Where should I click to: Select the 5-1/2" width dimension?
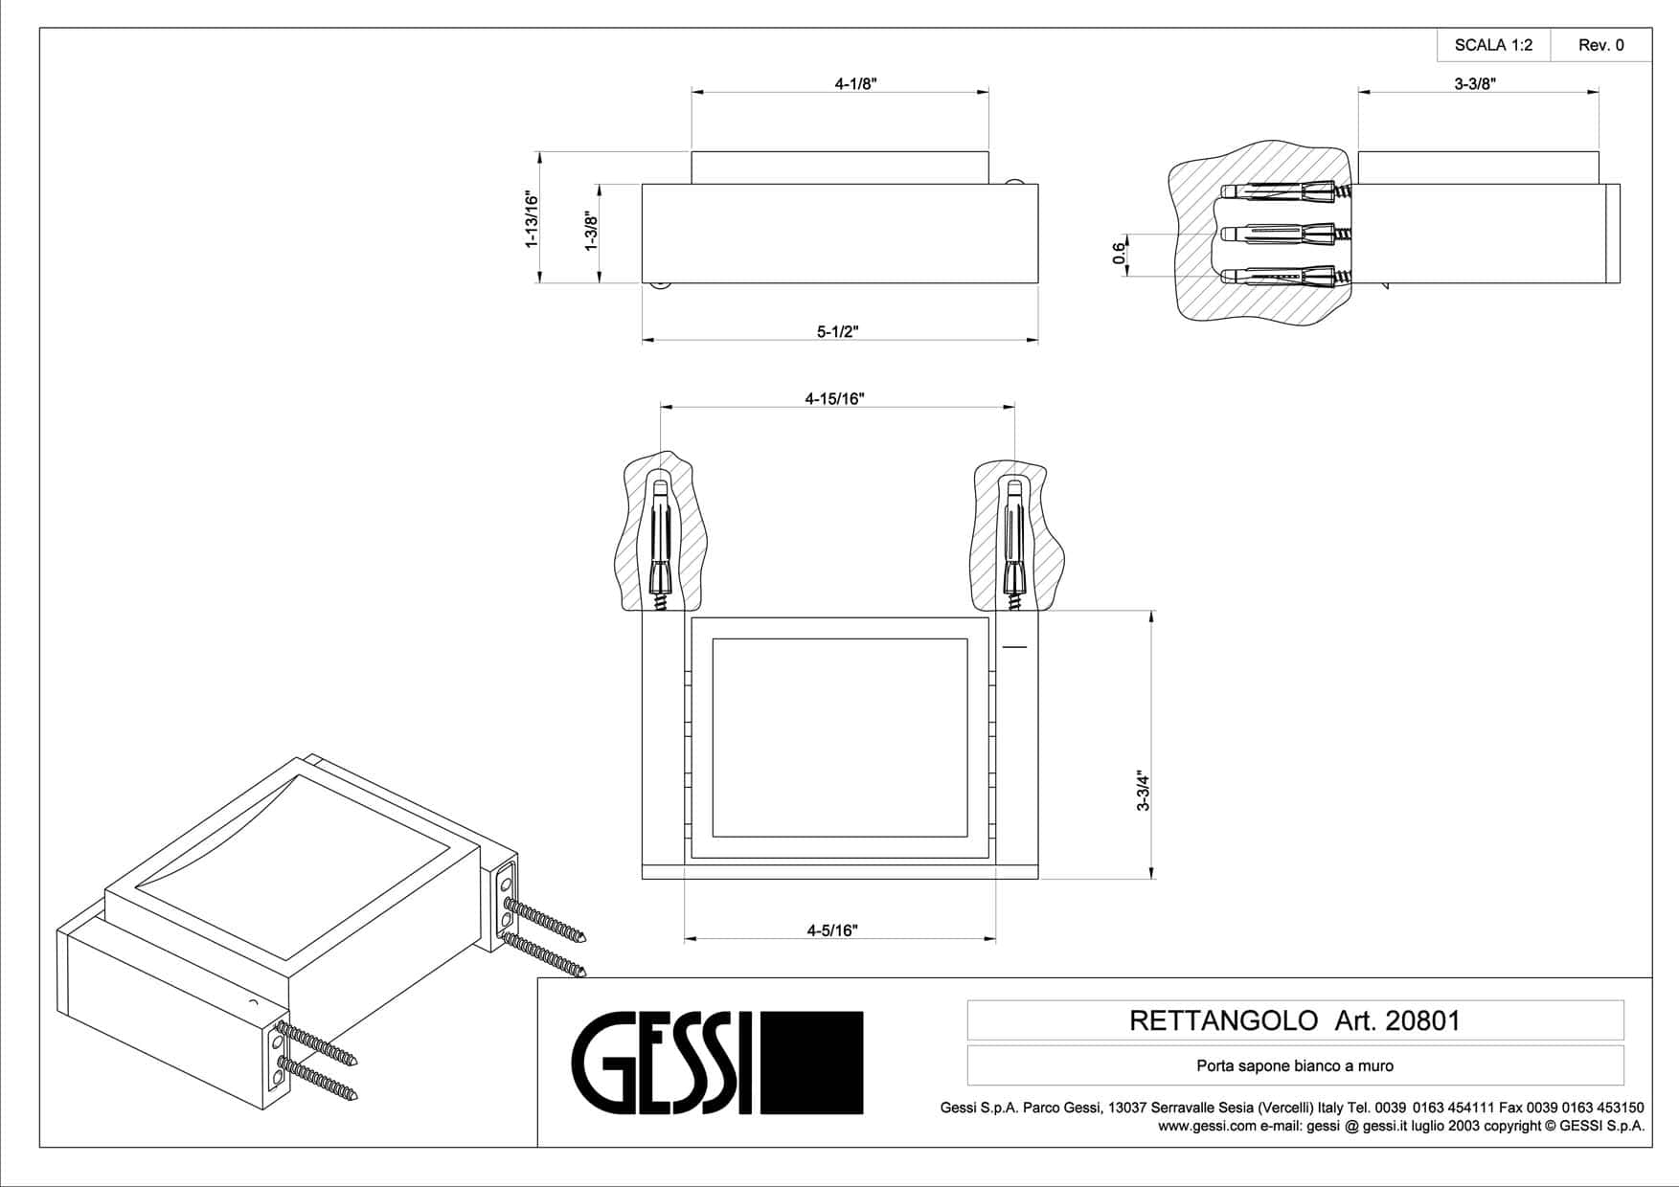838,331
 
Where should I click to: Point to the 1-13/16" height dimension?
532,219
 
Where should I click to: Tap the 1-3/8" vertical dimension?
591,232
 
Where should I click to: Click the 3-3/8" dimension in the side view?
1475,83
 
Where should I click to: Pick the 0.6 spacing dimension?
1119,254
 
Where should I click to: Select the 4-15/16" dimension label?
834,398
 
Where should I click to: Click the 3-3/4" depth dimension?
1142,790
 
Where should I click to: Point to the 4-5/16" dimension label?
832,929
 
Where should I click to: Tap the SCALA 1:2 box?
1493,45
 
